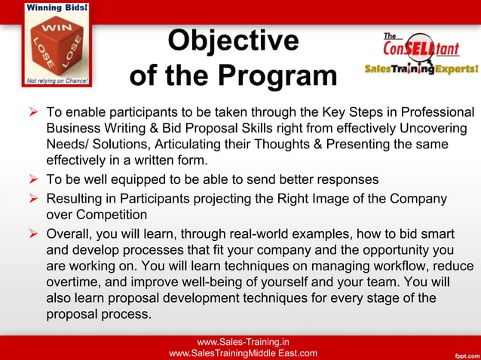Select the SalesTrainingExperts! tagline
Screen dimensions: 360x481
pyautogui.click(x=421, y=69)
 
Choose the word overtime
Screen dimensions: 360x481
pyautogui.click(x=74, y=282)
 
